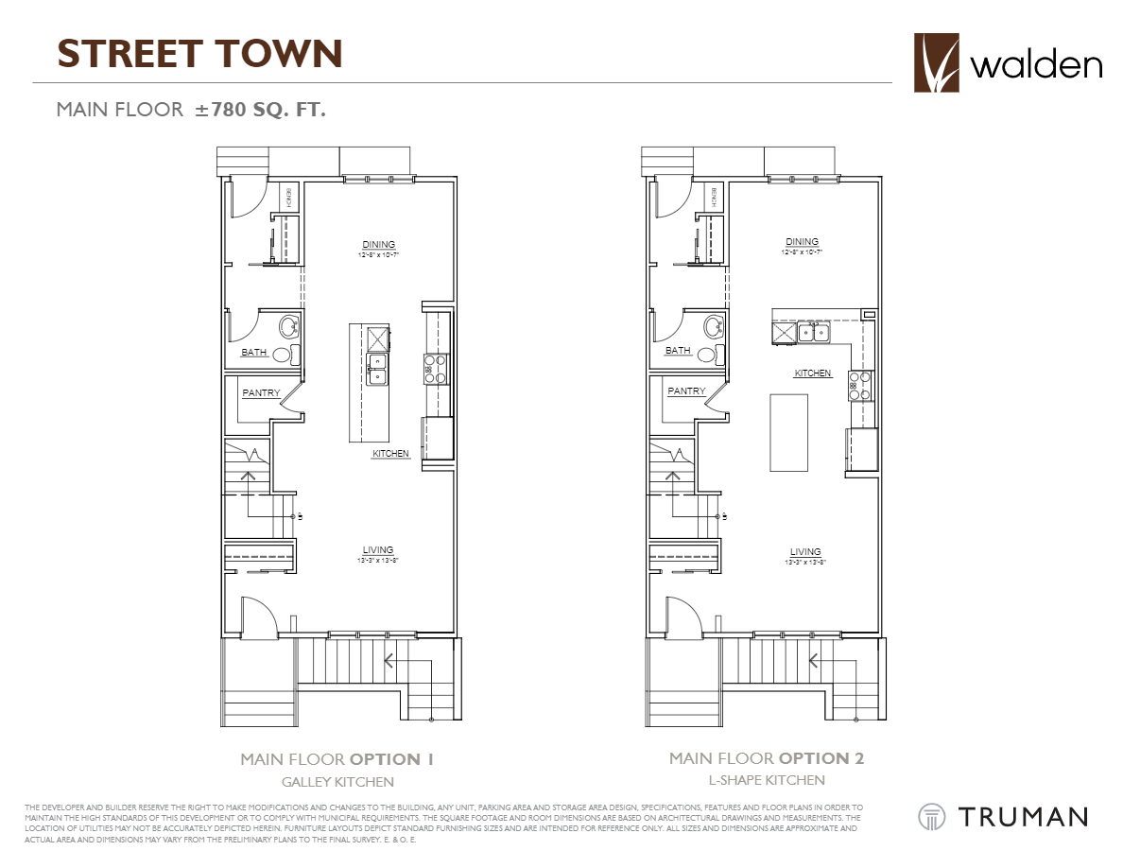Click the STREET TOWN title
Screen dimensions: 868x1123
199,54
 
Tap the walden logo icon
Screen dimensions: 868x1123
937,63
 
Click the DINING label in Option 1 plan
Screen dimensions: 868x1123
378,245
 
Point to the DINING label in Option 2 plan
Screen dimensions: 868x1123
802,242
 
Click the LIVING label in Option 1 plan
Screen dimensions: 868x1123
378,550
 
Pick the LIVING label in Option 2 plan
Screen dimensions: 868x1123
805,552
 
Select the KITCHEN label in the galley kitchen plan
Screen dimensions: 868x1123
390,454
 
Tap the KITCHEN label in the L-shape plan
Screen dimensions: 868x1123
812,373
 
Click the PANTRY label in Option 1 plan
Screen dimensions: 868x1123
261,392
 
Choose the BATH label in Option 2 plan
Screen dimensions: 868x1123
678,351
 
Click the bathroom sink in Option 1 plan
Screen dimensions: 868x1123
288,328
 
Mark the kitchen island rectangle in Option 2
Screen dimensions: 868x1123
788,432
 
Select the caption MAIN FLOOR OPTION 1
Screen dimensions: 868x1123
337,759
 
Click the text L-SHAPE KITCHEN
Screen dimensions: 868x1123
766,780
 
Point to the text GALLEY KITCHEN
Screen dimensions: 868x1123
337,782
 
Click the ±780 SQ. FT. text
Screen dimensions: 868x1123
260,110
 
